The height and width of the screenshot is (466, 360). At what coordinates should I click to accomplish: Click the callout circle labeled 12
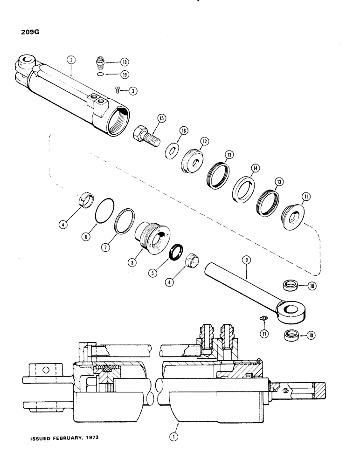[204, 141]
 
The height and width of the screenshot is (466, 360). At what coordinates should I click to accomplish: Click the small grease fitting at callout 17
[263, 318]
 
